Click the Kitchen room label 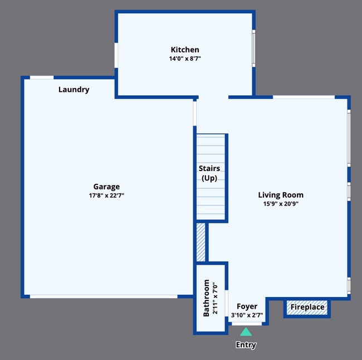tap(184, 50)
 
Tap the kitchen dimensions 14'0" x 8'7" tap(184, 59)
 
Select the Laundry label tap(74, 89)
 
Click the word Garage tap(106, 187)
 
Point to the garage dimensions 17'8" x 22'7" tap(106, 196)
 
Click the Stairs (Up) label tap(209, 173)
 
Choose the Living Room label tap(281, 194)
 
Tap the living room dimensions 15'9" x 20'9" tap(281, 203)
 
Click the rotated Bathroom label tap(206, 298)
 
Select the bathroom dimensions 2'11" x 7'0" tap(214, 298)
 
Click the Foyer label tap(247, 306)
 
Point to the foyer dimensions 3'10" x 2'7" tap(247, 315)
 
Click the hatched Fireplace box tap(307, 307)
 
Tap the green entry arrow tap(246, 332)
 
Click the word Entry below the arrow tap(246, 345)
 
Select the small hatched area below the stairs tap(200, 242)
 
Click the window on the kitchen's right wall tap(253, 48)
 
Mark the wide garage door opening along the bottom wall tap(104, 296)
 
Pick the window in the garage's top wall tap(42, 77)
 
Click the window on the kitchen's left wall tap(116, 56)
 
